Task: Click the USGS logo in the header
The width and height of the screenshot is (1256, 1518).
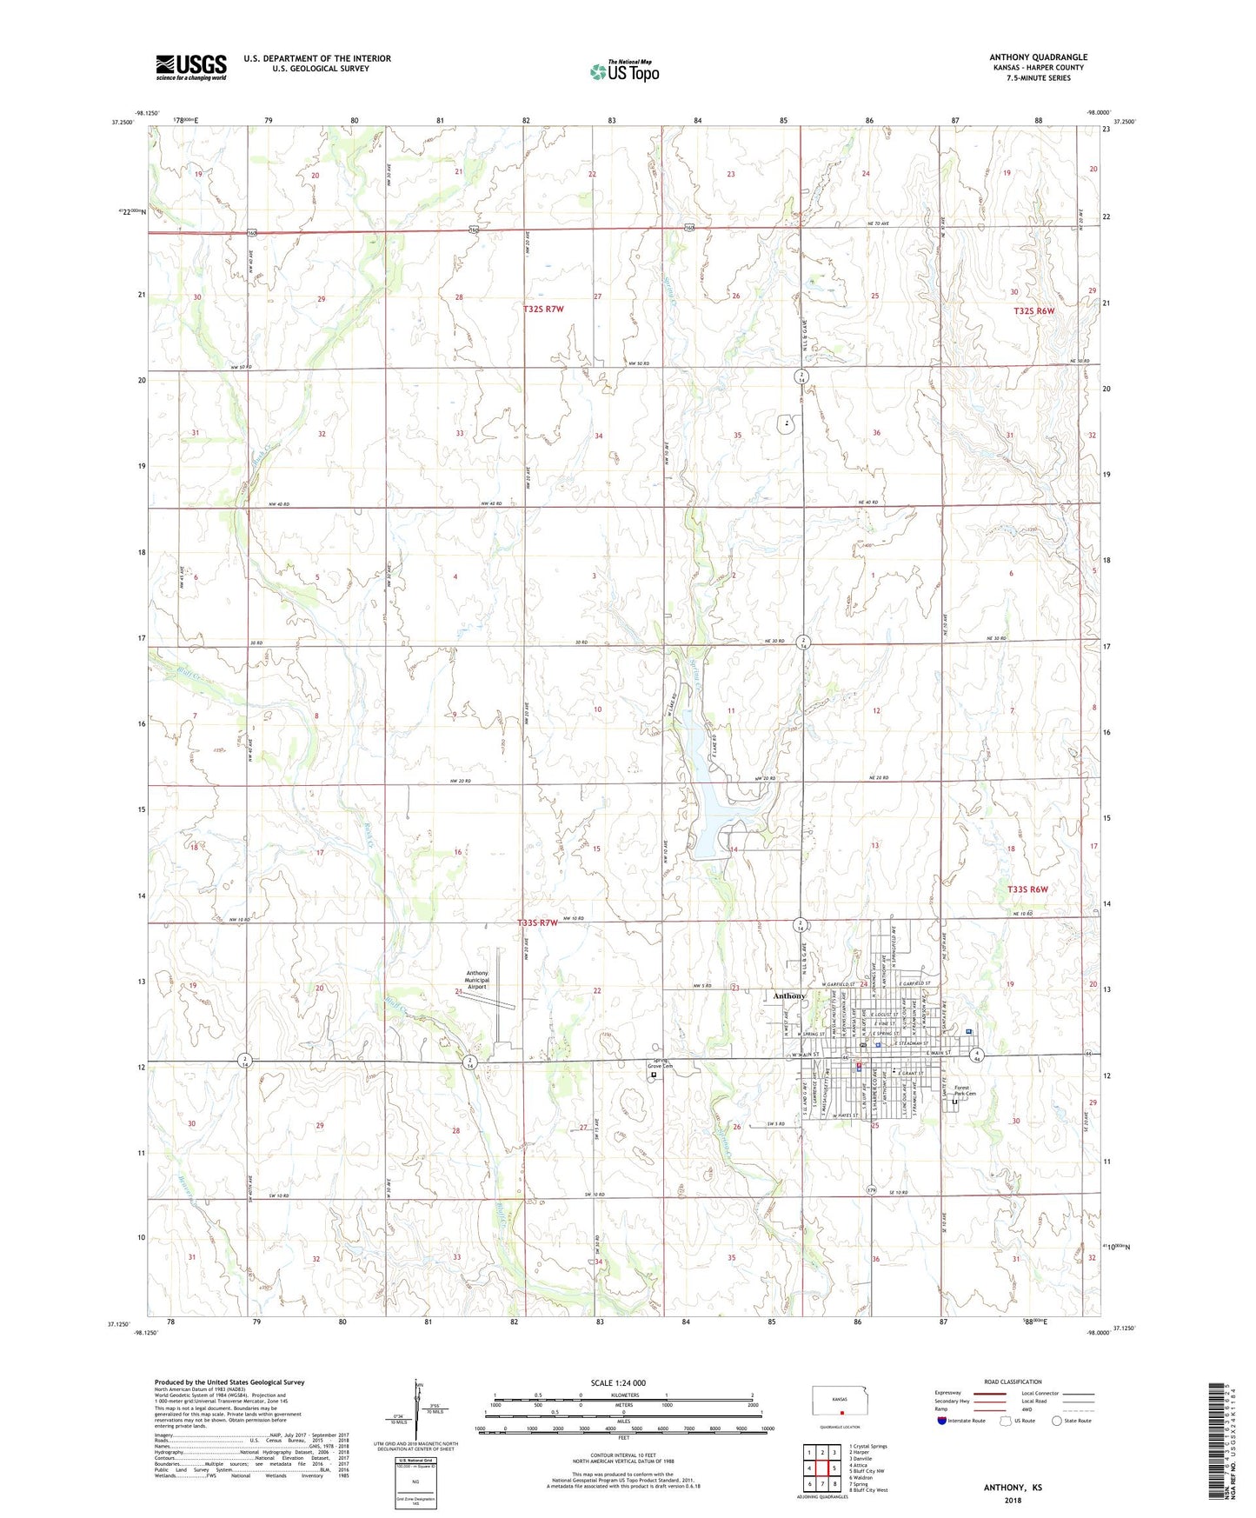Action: click(x=191, y=66)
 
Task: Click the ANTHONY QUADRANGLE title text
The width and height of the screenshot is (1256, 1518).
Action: click(x=1038, y=57)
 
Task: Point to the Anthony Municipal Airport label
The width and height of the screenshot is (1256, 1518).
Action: click(x=477, y=980)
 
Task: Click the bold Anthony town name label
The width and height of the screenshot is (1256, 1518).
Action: click(x=789, y=995)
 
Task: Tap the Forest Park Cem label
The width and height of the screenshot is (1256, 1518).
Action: click(x=965, y=1090)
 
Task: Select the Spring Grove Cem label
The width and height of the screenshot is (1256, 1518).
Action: click(x=667, y=1064)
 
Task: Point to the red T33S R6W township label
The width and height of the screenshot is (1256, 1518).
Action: click(x=1028, y=889)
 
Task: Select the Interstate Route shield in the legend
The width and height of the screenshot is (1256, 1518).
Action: click(x=944, y=1421)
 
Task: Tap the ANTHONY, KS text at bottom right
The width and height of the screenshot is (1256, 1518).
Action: click(x=1013, y=1488)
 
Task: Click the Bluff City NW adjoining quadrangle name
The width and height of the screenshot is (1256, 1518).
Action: click(x=870, y=1471)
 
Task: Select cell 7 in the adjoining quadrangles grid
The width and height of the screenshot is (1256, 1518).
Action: click(x=809, y=1484)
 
